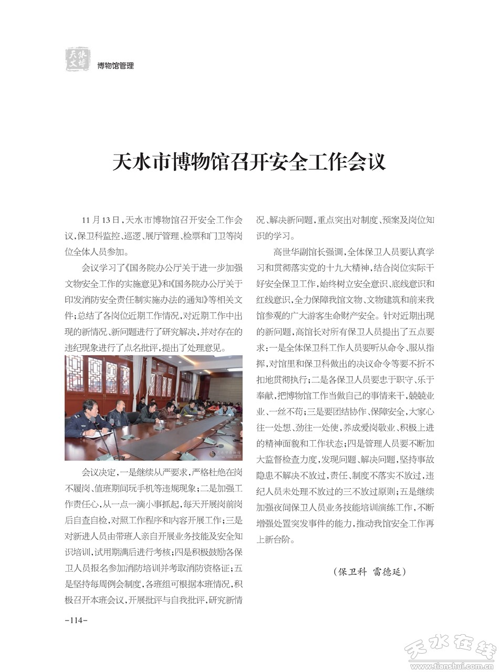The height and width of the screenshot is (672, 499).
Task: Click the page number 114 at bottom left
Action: (76, 621)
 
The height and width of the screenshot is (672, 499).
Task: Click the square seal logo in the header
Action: (78, 59)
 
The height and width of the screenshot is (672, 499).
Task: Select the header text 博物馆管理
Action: (116, 66)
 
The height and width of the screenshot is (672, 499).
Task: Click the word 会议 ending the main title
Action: (370, 162)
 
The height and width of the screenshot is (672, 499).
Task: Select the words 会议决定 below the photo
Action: (99, 472)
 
